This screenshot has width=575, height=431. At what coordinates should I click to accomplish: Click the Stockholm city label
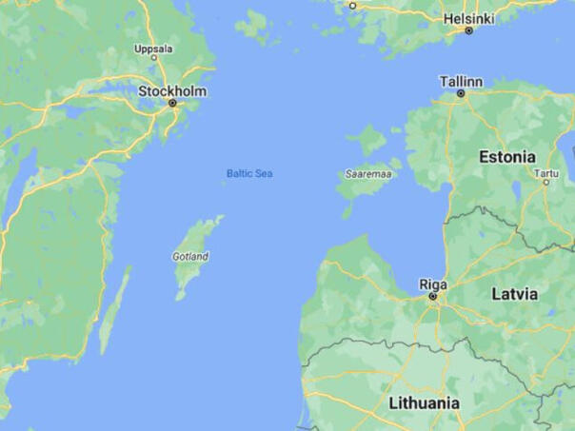point(172,90)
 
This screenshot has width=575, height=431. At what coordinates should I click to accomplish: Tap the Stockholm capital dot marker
point(172,103)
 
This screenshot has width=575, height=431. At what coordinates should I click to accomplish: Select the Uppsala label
point(153,48)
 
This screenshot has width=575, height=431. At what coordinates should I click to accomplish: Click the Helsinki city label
point(467,18)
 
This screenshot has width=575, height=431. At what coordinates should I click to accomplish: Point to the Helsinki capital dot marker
point(468,30)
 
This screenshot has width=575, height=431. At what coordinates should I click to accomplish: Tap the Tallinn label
point(461,81)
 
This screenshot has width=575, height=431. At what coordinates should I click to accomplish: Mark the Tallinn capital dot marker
point(461,93)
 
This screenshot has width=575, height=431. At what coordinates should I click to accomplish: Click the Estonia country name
point(506,156)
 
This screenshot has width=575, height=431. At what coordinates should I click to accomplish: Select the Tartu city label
point(546,173)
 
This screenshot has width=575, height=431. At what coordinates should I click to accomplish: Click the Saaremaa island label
point(368,174)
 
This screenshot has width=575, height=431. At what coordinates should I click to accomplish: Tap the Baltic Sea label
point(249,173)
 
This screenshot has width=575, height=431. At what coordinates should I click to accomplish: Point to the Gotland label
point(190,256)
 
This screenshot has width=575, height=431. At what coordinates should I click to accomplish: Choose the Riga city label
point(433,284)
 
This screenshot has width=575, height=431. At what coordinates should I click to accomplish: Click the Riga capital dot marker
point(433,296)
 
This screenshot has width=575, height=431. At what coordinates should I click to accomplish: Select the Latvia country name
point(514,294)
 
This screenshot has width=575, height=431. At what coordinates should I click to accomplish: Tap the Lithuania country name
point(425,402)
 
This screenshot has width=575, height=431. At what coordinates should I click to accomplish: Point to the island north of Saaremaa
point(367,140)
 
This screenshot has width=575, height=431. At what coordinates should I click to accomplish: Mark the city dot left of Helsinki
point(351,5)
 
